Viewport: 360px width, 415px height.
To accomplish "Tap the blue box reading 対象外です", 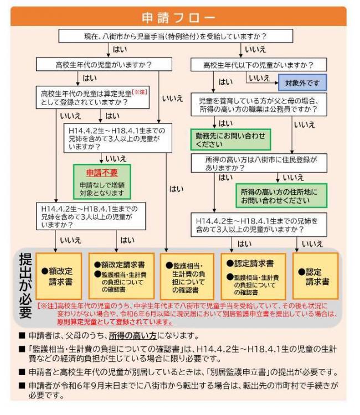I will coord(302,82).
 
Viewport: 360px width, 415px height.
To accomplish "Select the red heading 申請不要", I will coord(102,173).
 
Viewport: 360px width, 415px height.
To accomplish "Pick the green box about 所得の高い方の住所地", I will coord(281,195).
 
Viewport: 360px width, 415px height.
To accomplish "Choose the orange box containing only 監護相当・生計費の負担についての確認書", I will coord(187,277).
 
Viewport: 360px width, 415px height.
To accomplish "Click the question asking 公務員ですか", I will coord(258,105).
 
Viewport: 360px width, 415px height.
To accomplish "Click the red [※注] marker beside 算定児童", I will coord(140,91).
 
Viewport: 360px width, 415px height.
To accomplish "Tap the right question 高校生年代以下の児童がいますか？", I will coord(258,65).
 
